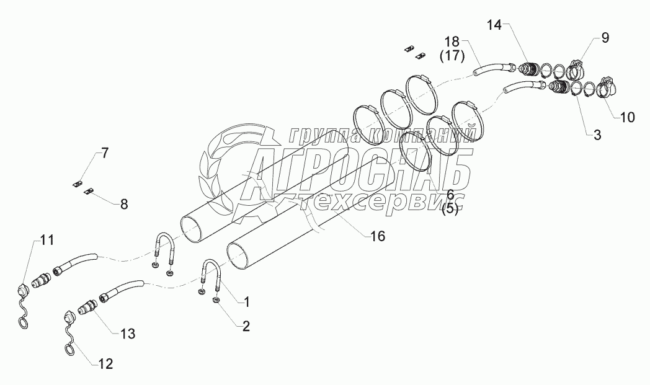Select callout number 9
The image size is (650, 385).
click(604, 38)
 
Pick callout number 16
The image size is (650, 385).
click(377, 236)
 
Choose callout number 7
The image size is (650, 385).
click(105, 153)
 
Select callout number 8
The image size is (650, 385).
click(124, 204)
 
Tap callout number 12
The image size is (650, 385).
click(106, 364)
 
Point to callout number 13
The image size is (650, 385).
click(127, 333)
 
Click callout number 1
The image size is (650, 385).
click(246, 302)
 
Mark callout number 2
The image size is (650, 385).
click(246, 327)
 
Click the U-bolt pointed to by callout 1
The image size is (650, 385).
click(211, 271)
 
